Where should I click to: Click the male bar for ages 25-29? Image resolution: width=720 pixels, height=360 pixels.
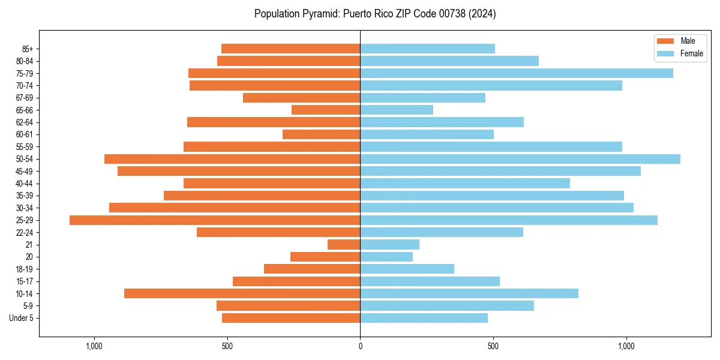click(215, 220)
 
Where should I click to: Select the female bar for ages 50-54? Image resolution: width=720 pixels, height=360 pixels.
click(520, 159)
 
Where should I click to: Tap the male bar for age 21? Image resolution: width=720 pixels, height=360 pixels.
click(344, 245)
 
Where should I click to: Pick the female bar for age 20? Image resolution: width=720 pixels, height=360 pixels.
click(386, 257)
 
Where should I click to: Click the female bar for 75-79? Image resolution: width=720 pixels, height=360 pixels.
click(517, 73)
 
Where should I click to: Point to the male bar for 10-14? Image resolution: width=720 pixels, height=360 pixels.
click(242, 293)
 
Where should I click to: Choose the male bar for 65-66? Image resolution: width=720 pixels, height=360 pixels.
click(326, 110)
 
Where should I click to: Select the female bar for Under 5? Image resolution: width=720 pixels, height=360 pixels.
click(424, 318)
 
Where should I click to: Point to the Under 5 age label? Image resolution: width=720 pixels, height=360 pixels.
click(21, 318)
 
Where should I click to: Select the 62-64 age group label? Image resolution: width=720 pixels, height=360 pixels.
click(25, 122)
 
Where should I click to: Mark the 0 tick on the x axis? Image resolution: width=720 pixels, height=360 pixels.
click(360, 346)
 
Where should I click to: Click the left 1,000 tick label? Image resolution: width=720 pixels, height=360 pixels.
click(94, 346)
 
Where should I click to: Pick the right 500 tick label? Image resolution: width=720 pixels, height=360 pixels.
click(493, 346)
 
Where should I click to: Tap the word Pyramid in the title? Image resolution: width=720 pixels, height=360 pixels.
click(320, 13)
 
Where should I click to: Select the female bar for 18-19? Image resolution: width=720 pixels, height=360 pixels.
click(407, 269)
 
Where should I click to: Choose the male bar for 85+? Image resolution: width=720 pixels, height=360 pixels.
click(290, 49)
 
